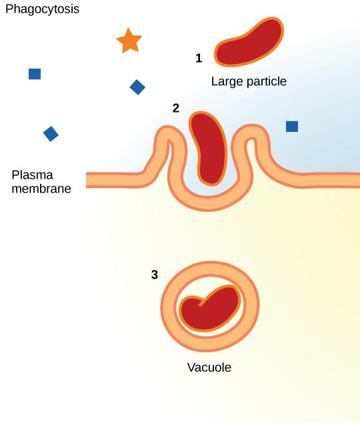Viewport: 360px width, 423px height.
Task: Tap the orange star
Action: pos(129,41)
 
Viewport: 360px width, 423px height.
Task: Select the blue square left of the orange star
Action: pos(35,74)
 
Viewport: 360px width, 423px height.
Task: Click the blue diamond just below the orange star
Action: pos(137,87)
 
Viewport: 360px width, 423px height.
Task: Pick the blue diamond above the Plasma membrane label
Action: pos(51,134)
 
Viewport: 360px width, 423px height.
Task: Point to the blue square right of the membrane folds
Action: pos(292,126)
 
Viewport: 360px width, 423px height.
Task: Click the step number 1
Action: pos(199,59)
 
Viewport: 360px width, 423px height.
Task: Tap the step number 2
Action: pos(176,108)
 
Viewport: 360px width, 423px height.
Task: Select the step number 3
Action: pos(155,274)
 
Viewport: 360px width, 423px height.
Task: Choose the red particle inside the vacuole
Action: pos(210,310)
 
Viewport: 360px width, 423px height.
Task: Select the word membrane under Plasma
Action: pos(41,189)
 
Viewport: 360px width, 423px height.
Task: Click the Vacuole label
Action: pos(209,367)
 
